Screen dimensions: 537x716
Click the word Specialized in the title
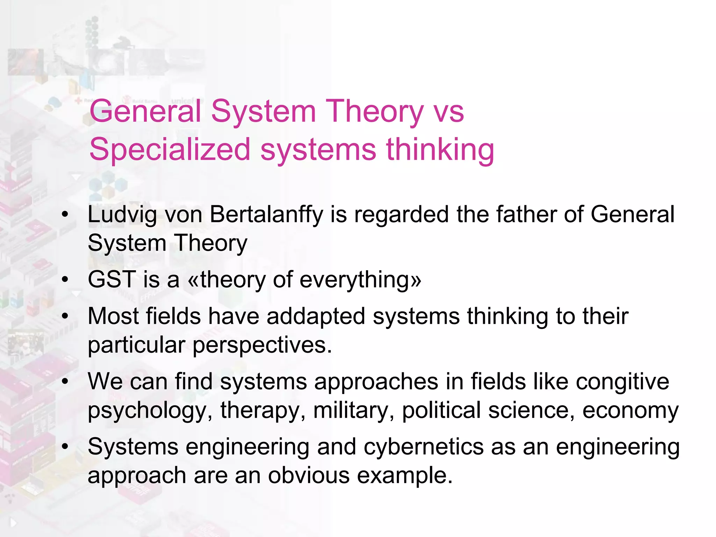pos(170,150)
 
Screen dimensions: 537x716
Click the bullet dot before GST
pos(65,280)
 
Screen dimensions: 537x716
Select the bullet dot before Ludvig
pos(65,214)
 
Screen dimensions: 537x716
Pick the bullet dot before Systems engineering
pos(65,447)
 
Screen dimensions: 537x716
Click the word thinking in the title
pos(440,150)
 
